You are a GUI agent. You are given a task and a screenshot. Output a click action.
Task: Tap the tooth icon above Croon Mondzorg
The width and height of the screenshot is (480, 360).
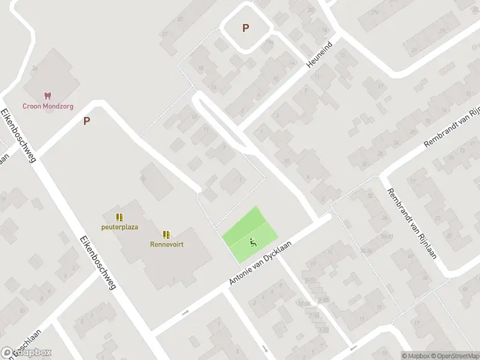pyautogui.click(x=47, y=96)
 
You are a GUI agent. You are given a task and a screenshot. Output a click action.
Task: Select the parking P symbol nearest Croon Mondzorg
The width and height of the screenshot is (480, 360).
pyautogui.click(x=86, y=121)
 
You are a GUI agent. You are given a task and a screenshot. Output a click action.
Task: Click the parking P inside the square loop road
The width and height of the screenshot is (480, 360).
pyautogui.click(x=245, y=28)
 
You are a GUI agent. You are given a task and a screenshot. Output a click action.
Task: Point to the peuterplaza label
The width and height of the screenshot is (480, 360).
pyautogui.click(x=119, y=227)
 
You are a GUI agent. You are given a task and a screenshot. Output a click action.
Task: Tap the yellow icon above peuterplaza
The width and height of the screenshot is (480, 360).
pyautogui.click(x=119, y=217)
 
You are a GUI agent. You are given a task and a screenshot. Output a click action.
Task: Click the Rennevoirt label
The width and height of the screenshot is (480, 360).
pyautogui.click(x=167, y=244)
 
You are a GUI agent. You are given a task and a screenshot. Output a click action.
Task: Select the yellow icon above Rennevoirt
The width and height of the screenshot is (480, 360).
pyautogui.click(x=166, y=235)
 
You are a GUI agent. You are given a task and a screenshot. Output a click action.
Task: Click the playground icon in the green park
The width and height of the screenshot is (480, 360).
pyautogui.click(x=253, y=243)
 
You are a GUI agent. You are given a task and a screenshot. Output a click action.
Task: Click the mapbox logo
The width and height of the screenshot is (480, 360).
pyautogui.click(x=26, y=353)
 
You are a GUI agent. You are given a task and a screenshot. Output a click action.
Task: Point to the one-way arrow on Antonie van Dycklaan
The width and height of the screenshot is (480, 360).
pyautogui.click(x=185, y=313)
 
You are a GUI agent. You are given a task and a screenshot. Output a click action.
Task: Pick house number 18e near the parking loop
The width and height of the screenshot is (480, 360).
pyautogui.click(x=270, y=42)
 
